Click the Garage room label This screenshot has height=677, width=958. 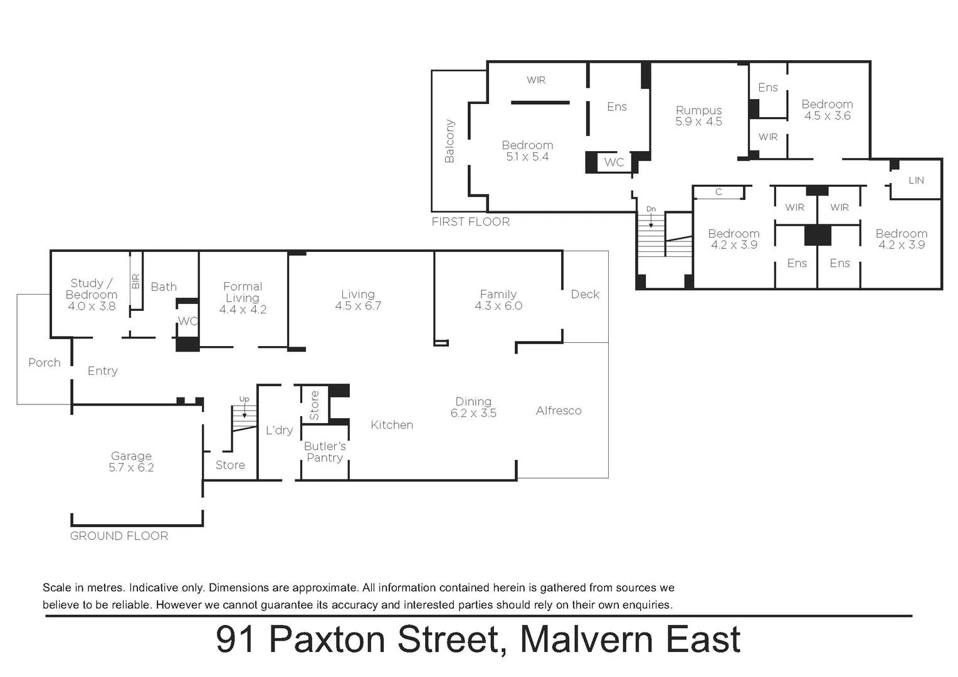point(131,456)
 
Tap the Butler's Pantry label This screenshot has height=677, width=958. point(325,452)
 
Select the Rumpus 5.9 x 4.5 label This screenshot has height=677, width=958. point(698,116)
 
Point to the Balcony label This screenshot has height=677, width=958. point(450,142)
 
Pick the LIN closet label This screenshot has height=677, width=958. point(916,181)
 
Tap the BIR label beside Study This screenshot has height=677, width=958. point(136,281)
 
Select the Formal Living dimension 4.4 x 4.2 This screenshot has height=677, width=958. point(243,310)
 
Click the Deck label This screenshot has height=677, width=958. point(585,295)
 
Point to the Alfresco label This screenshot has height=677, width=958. point(559,411)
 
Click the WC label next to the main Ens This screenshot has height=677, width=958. point(614,162)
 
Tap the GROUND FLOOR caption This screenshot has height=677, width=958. point(119,536)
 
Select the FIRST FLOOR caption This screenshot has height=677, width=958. point(470,222)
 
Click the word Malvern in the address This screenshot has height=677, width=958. point(587,640)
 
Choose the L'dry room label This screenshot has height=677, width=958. point(279,430)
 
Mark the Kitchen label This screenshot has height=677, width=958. point(392,425)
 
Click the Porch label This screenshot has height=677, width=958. point(45,363)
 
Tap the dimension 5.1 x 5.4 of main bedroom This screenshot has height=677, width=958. point(527,157)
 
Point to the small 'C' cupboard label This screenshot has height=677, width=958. point(718,192)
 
